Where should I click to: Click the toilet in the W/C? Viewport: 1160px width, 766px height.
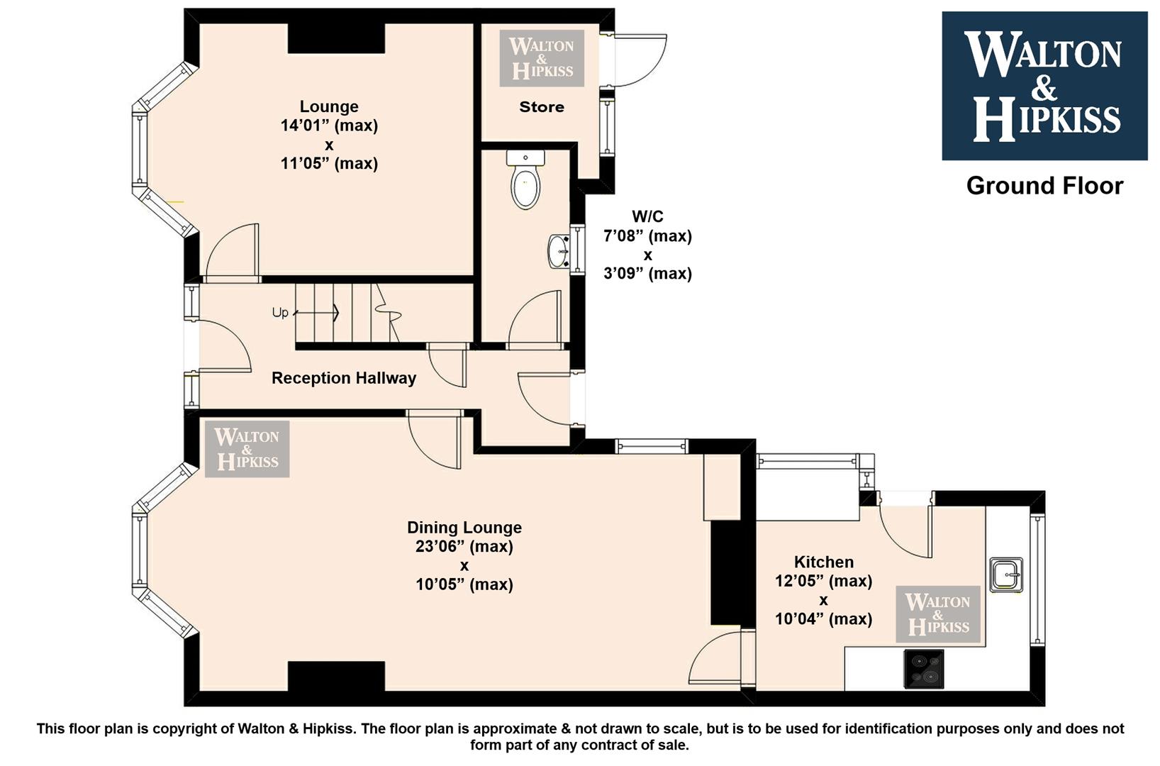525,179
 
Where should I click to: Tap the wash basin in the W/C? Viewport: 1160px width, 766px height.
559,252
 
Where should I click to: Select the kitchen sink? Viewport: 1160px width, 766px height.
1005,575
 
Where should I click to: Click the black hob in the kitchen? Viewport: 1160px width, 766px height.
923,669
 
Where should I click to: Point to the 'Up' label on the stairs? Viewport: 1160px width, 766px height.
280,313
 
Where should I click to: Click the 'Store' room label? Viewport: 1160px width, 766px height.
542,106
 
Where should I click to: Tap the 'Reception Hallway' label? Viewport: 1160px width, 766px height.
344,378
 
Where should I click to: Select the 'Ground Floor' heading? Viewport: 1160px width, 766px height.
1044,186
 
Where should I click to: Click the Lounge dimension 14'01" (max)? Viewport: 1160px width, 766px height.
330,126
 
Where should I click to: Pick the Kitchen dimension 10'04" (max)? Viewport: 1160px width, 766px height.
823,619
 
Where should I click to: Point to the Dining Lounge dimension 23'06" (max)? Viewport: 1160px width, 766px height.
464,546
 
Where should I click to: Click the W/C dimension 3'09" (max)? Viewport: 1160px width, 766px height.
647,273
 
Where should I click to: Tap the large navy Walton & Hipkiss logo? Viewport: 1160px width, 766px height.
1044,86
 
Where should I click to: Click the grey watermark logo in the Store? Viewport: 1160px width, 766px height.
542,58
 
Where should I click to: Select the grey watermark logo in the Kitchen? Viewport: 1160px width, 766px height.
938,614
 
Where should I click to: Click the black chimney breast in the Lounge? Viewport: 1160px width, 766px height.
337,39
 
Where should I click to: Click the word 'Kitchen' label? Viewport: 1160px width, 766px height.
824,562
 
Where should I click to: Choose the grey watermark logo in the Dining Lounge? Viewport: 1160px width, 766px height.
247,449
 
